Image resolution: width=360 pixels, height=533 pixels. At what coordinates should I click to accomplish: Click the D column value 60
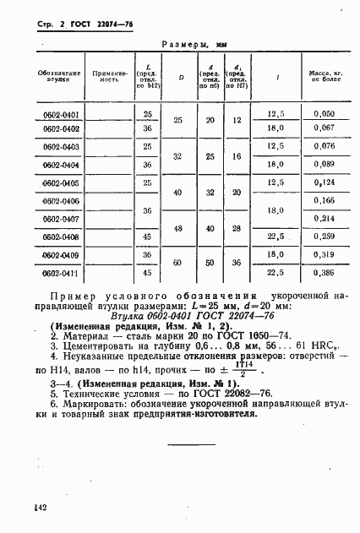coord(178,264)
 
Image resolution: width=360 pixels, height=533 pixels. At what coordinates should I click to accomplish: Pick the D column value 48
coord(178,228)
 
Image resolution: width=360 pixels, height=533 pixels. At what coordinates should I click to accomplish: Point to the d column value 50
coord(210,264)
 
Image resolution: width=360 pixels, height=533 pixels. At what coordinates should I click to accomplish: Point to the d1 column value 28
coord(237,228)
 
